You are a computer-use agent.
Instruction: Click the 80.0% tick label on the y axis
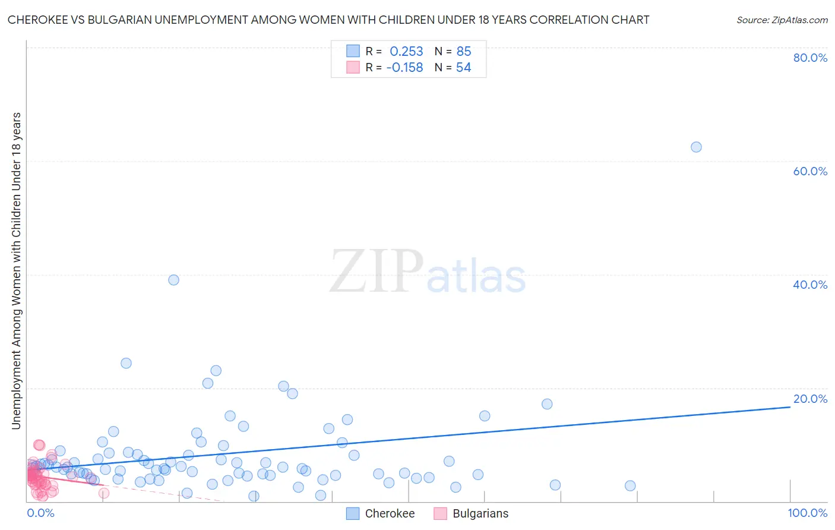(x=810, y=58)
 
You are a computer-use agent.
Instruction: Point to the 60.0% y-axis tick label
(x=810, y=171)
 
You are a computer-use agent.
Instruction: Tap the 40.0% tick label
(x=810, y=285)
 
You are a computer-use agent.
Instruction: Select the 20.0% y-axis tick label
(x=810, y=399)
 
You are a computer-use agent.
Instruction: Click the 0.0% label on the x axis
(x=40, y=513)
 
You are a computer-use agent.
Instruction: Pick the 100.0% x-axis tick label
(x=807, y=513)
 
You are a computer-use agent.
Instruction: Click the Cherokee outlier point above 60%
(x=696, y=147)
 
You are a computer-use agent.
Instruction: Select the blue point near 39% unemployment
(x=173, y=280)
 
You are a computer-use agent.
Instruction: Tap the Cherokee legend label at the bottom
(x=390, y=514)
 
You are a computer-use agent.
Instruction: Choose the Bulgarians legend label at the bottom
(x=480, y=514)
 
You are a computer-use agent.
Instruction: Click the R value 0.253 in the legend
(x=406, y=52)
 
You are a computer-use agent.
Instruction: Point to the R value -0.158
(x=404, y=68)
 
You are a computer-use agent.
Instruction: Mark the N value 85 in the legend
(x=463, y=52)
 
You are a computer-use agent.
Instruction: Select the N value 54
(x=463, y=68)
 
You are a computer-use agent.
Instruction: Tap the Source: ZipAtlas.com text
(x=782, y=20)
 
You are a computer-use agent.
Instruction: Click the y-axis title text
(x=16, y=270)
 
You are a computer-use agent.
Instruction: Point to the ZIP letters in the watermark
(x=376, y=272)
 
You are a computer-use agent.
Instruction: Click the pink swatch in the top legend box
(x=353, y=67)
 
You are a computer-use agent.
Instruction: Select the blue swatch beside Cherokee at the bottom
(x=353, y=513)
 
